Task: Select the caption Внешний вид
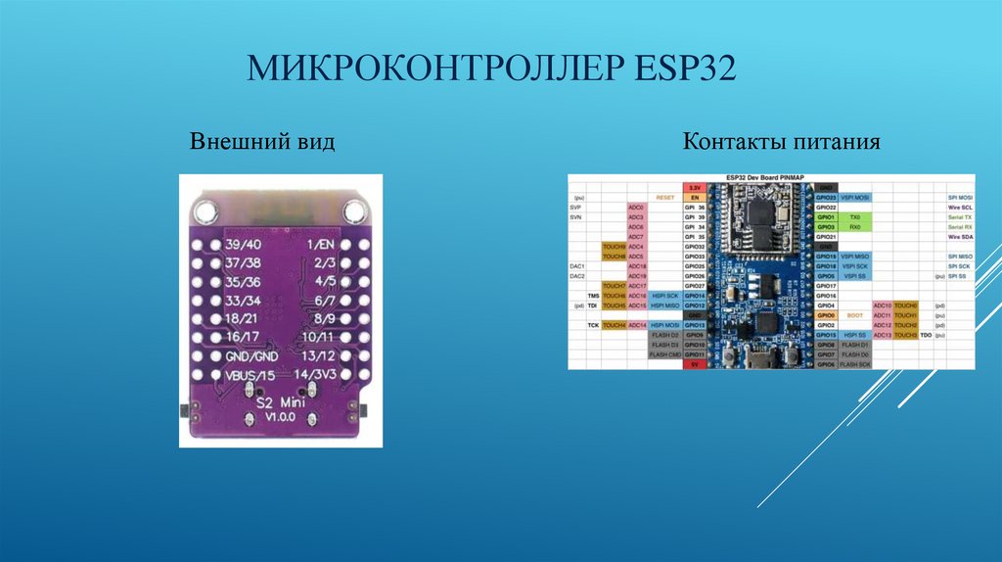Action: [262, 143]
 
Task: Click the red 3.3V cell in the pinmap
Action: [695, 187]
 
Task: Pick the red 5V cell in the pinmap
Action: [695, 365]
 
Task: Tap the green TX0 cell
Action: [854, 217]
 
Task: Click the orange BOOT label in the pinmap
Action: [854, 315]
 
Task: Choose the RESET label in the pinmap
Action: [665, 197]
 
